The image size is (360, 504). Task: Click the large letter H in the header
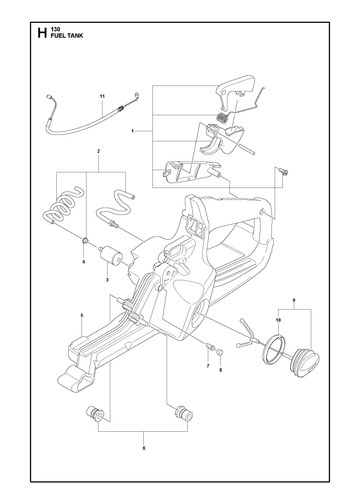[x=42, y=34]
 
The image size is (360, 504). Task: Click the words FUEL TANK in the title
[x=67, y=36]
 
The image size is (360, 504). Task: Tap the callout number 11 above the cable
[x=102, y=96]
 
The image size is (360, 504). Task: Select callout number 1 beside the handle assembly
[x=132, y=131]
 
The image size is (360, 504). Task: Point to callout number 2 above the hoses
[x=98, y=151]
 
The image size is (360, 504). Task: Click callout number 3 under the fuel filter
[x=107, y=280]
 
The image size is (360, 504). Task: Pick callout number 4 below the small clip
[x=83, y=262]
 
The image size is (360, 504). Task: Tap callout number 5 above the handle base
[x=82, y=315]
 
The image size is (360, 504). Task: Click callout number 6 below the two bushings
[x=144, y=448]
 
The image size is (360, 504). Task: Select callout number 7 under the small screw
[x=208, y=366]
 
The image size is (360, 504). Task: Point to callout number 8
[x=220, y=370]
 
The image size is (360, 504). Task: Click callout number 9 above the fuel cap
[x=294, y=300]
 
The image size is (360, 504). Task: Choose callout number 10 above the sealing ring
[x=279, y=320]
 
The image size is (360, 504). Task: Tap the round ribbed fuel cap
[x=305, y=362]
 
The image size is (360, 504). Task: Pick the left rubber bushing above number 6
[x=95, y=414]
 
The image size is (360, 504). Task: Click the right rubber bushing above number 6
[x=184, y=413]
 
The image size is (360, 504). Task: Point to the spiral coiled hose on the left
[x=63, y=207]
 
